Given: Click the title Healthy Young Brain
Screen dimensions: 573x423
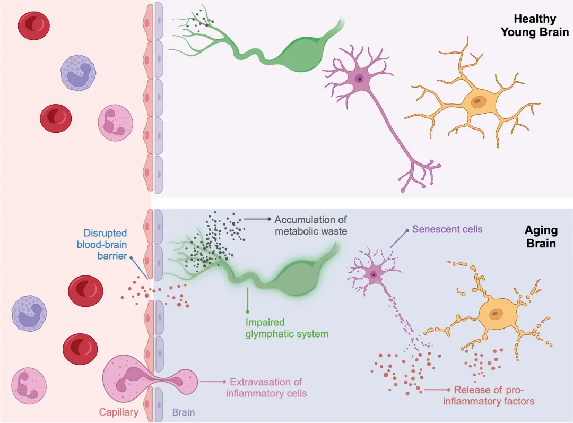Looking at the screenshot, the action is [x=535, y=25].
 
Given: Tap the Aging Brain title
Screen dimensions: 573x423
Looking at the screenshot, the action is [x=541, y=237].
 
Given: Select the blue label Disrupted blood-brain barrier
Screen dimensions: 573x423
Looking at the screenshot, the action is [x=102, y=244].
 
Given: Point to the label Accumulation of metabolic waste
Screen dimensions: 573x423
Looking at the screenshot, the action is [x=310, y=225].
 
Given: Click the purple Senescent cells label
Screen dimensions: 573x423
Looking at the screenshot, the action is [x=447, y=229].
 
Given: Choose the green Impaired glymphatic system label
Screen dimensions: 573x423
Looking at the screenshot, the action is [x=287, y=328].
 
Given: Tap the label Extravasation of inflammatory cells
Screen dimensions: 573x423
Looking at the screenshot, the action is [x=266, y=387].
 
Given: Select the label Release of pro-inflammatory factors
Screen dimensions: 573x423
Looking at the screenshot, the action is [x=489, y=395].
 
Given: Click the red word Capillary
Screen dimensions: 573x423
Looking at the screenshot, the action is [x=119, y=412].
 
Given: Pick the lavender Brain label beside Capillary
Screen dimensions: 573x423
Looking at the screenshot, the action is [x=184, y=412].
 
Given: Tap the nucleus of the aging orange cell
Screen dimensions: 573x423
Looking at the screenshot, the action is [x=496, y=313].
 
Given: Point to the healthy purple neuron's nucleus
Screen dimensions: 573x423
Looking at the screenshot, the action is [x=360, y=79].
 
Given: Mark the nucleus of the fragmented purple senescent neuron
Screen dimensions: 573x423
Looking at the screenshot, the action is [x=374, y=274].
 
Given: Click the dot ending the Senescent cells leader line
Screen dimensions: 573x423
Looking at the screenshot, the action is [x=407, y=230].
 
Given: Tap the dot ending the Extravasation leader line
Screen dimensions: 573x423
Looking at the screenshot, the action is [x=224, y=382].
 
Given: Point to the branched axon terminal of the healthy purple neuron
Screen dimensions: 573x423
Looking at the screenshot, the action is [x=420, y=174].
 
